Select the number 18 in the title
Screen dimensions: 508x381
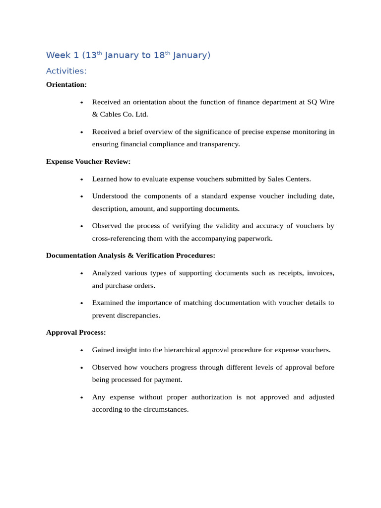pos(159,55)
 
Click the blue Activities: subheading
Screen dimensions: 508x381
pos(66,71)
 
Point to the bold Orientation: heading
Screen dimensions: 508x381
pos(66,84)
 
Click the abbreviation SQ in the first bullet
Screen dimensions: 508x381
pos(312,102)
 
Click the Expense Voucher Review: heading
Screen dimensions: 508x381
pos(88,161)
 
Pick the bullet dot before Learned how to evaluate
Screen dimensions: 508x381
pos(81,179)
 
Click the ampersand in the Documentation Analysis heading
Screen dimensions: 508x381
pos(130,255)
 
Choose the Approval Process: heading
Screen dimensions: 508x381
pos(76,332)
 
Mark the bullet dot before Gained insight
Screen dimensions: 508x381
pos(81,350)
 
